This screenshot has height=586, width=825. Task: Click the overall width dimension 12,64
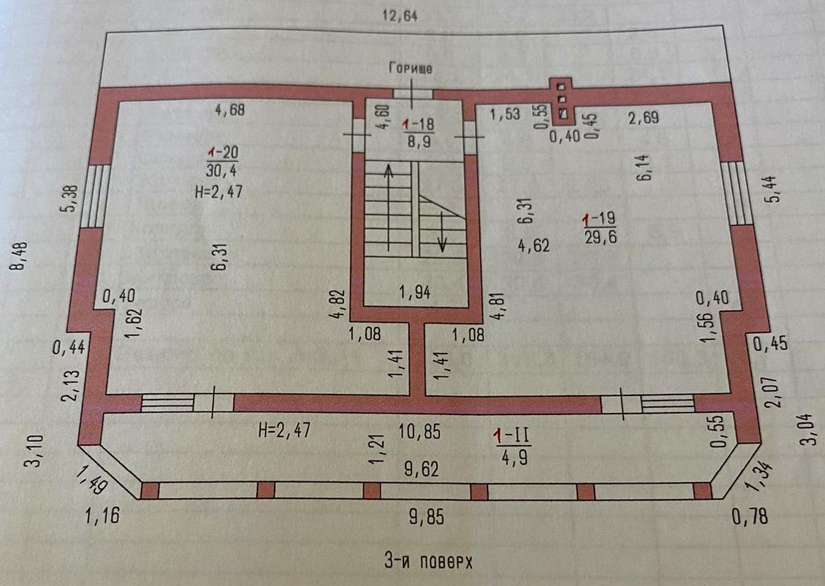[400, 16]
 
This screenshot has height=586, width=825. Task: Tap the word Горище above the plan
[411, 69]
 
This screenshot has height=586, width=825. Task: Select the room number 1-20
[223, 153]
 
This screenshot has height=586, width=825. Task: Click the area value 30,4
[221, 170]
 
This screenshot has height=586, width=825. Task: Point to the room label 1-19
[599, 218]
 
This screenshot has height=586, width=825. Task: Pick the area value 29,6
[601, 237]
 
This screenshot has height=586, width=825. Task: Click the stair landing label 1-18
[418, 124]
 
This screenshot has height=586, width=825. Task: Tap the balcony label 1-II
[512, 435]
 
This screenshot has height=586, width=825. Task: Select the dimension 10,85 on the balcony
[419, 432]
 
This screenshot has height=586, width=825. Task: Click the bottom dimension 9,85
[427, 517]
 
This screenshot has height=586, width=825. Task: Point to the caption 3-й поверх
[428, 561]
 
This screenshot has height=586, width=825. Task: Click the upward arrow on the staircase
[388, 208]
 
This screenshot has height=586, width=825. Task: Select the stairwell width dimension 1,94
[415, 292]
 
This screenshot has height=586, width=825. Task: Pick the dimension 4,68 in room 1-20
[230, 110]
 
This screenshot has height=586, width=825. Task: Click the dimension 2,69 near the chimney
[644, 118]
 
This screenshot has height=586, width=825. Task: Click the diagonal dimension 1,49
[91, 479]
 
